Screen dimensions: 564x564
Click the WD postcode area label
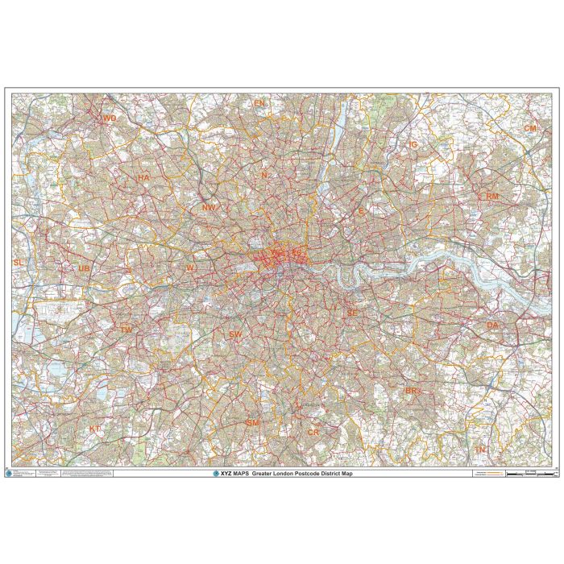[110, 118]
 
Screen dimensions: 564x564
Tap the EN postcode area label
[259, 104]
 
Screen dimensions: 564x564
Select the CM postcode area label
[530, 128]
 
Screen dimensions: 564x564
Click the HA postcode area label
[144, 177]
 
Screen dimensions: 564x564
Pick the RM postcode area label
[492, 196]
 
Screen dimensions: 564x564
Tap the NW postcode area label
[209, 207]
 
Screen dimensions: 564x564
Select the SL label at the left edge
[19, 263]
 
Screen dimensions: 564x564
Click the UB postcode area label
[84, 268]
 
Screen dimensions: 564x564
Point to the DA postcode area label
[492, 325]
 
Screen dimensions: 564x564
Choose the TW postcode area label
[126, 330]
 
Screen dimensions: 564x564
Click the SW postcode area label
[235, 334]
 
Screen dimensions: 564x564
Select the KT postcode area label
[95, 429]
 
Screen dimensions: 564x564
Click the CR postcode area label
[313, 433]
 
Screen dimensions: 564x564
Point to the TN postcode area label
[481, 449]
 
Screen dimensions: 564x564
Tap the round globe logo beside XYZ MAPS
[215, 474]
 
